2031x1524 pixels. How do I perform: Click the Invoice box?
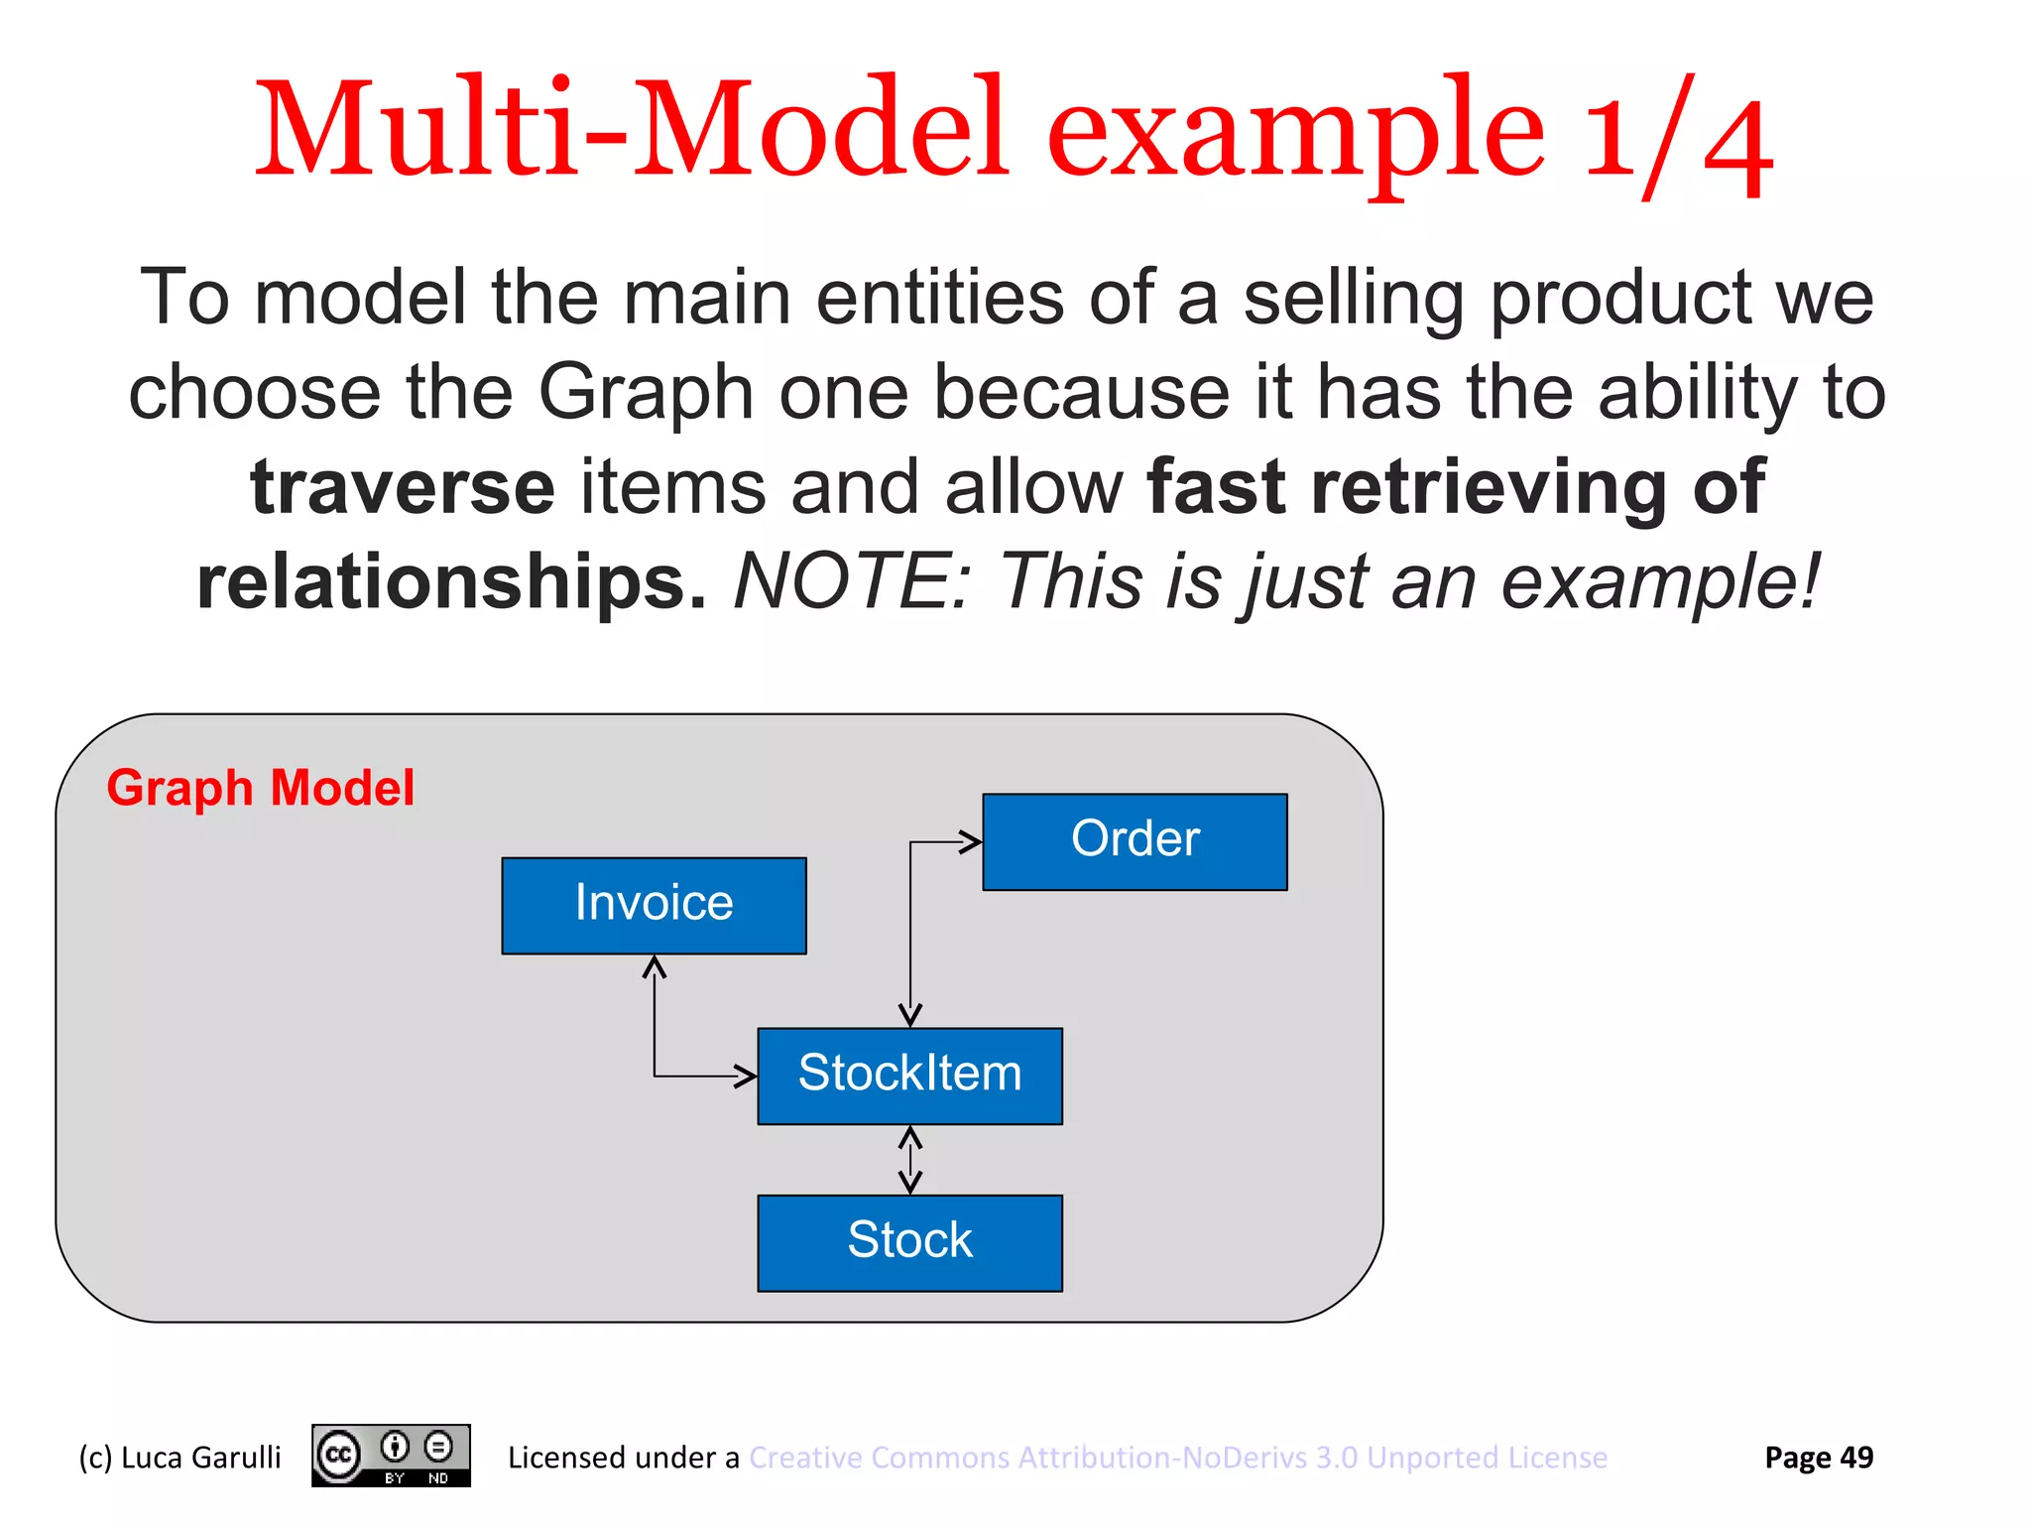[x=654, y=905]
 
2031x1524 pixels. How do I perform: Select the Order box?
[x=1135, y=840]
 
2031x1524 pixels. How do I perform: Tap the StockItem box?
[x=909, y=1075]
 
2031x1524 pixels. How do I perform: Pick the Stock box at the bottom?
[x=909, y=1241]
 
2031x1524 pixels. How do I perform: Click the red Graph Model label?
[x=260, y=788]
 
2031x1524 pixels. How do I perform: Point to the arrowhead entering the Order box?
[x=970, y=842]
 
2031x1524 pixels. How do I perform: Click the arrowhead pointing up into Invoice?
[x=654, y=966]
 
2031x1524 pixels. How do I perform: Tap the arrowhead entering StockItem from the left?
[x=745, y=1076]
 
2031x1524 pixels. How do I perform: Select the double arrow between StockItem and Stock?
[x=910, y=1159]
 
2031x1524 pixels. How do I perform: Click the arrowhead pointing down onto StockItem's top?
[x=910, y=1015]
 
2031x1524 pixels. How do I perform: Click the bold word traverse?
[x=402, y=487]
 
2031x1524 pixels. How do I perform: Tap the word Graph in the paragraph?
[x=646, y=393]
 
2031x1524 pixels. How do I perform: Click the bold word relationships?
[x=451, y=581]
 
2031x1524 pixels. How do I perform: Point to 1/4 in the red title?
[x=1676, y=134]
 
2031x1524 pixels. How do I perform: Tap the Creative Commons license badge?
[x=391, y=1456]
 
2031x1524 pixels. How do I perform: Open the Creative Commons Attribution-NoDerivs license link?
[x=1177, y=1458]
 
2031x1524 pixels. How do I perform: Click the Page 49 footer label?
[x=1818, y=1458]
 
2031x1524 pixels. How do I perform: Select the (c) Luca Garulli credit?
[x=179, y=1458]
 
